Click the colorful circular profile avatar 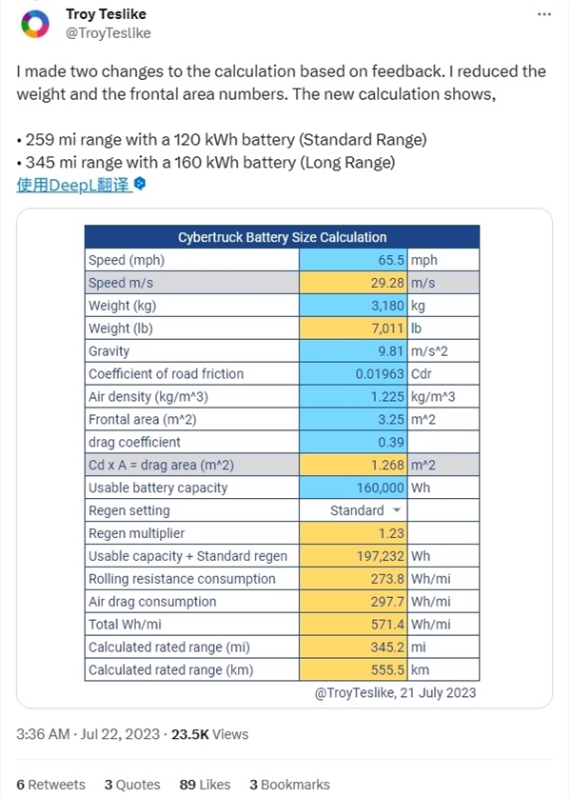coord(35,24)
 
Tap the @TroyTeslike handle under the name coord(107,33)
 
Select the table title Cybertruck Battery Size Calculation coord(282,237)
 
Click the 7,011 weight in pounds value coord(385,329)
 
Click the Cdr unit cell coord(423,374)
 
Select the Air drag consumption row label coord(152,602)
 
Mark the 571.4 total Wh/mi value coord(385,625)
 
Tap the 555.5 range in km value coord(385,670)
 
